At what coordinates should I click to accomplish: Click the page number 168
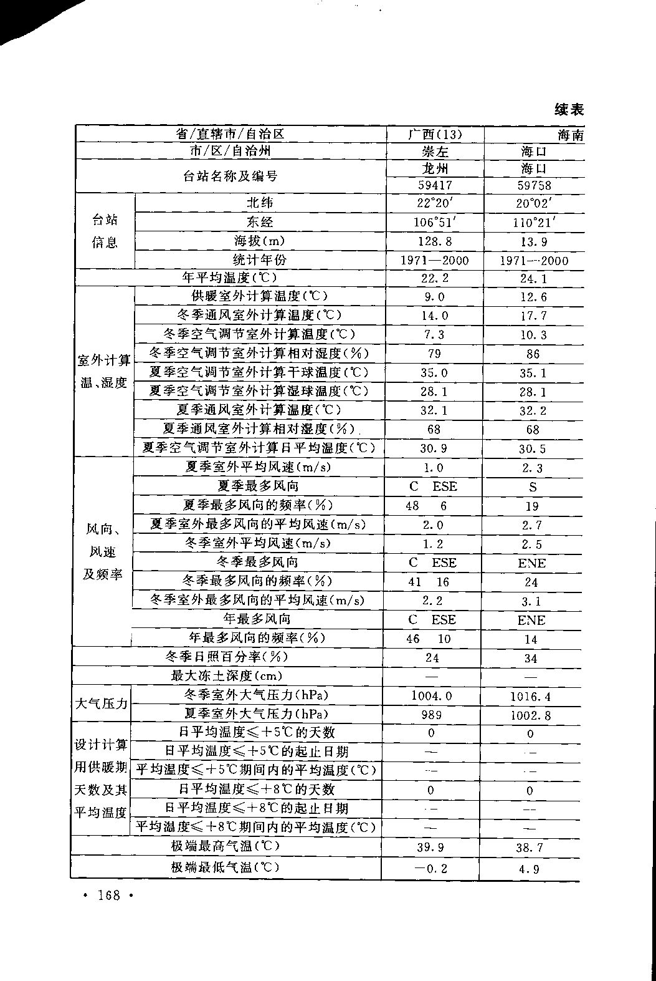108,896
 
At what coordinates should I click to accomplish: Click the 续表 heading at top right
569,110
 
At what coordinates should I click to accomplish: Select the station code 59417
434,185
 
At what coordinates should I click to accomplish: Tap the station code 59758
534,185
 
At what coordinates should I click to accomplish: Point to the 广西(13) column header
434,134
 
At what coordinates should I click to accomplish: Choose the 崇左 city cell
434,152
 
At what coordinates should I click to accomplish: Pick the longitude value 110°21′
534,222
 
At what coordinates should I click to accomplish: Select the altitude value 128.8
434,241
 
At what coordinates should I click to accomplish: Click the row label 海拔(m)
259,241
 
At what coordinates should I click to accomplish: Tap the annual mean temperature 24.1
533,279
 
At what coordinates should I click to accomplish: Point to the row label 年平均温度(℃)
229,277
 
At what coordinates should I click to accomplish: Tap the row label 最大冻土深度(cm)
226,675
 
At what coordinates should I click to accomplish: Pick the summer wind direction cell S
533,487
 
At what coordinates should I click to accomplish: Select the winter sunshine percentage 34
531,658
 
